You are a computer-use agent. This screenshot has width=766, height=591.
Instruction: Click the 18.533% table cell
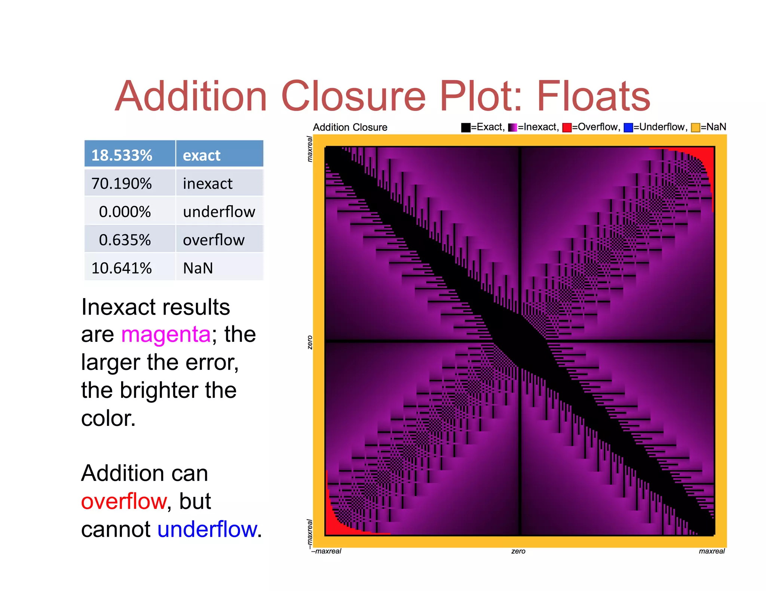point(122,155)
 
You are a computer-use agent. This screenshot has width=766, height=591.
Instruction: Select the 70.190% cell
point(122,183)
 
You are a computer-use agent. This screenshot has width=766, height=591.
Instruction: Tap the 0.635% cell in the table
point(125,240)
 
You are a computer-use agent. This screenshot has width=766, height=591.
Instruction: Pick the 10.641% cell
point(122,268)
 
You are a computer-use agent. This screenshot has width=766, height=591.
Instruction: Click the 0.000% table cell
point(125,212)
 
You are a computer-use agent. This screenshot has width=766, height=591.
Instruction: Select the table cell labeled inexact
point(208,183)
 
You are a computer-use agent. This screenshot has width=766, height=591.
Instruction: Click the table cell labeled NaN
point(198,268)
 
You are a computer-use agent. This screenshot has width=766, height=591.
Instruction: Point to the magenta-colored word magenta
point(166,334)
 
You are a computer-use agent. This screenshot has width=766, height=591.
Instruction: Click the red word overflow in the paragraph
point(123,501)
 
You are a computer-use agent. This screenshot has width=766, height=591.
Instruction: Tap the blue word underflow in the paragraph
point(207,529)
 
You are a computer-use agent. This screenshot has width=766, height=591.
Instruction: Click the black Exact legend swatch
point(466,127)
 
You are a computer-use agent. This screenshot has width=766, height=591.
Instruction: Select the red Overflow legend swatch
point(567,127)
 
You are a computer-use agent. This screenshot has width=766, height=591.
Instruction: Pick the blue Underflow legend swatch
point(628,127)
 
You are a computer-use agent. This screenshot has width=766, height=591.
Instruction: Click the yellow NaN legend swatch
point(695,127)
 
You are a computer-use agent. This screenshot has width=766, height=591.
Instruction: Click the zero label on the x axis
point(518,551)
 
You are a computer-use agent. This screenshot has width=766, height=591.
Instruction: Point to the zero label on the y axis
point(310,342)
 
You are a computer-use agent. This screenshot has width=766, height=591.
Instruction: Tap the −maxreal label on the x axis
point(327,551)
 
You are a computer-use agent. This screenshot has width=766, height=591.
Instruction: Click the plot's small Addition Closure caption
point(350,127)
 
